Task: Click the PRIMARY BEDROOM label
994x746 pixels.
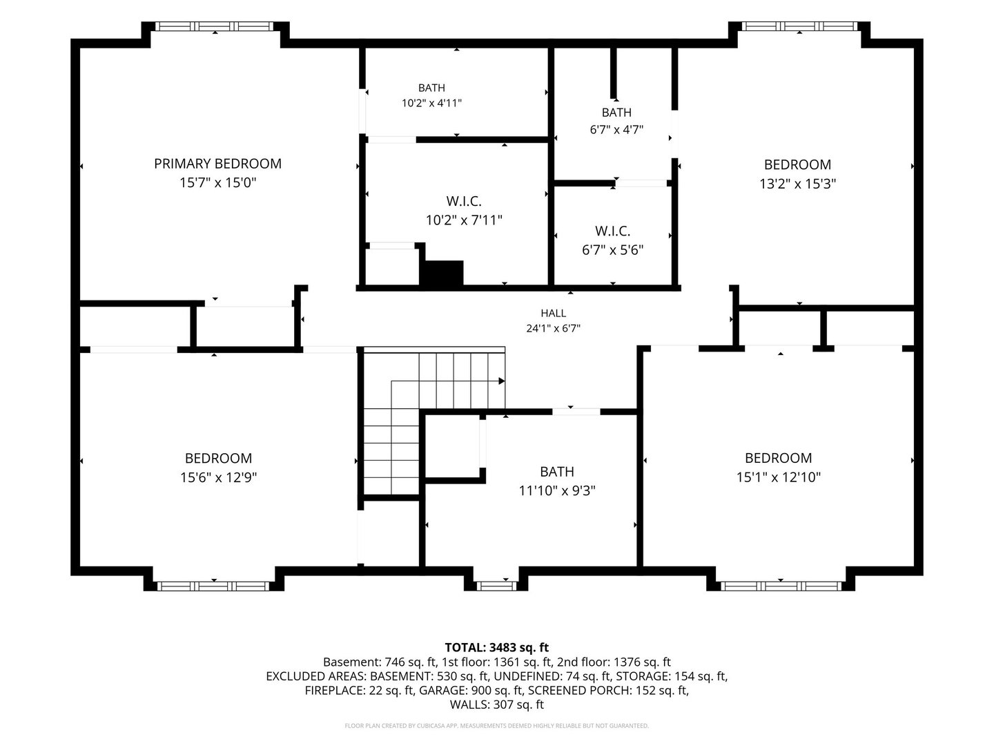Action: pyautogui.click(x=217, y=164)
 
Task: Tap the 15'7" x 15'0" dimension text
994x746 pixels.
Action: pyautogui.click(x=218, y=182)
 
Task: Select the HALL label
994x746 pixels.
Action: pyautogui.click(x=553, y=313)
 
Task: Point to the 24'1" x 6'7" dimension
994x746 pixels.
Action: pyautogui.click(x=553, y=328)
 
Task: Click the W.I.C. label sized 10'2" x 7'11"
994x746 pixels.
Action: pyautogui.click(x=464, y=200)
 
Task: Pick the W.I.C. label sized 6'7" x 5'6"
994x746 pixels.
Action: pyautogui.click(x=612, y=231)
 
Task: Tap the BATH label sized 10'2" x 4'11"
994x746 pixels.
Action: pyautogui.click(x=431, y=88)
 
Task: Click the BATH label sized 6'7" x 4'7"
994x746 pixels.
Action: pyautogui.click(x=616, y=113)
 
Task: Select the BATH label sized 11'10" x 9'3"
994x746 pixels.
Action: pyautogui.click(x=556, y=472)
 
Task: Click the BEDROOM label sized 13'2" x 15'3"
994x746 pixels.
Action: pyautogui.click(x=797, y=164)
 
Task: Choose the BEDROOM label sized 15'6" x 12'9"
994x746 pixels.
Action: pyautogui.click(x=218, y=459)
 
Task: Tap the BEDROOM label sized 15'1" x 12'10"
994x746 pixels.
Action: pyautogui.click(x=778, y=458)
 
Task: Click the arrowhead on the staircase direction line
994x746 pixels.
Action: pyautogui.click(x=501, y=381)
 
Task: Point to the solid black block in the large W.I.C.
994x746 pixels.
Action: pyautogui.click(x=442, y=273)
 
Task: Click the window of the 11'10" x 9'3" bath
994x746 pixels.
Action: pyautogui.click(x=496, y=586)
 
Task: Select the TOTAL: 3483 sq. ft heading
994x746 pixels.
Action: pyautogui.click(x=496, y=647)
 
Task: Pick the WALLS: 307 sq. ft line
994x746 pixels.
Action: pyautogui.click(x=496, y=705)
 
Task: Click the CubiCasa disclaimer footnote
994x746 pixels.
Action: pyautogui.click(x=496, y=725)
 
